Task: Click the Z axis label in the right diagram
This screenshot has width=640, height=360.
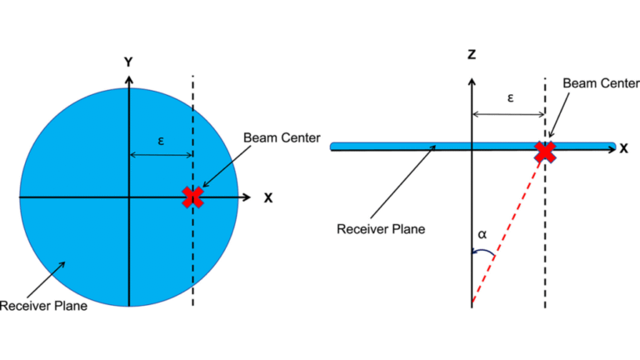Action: point(472,55)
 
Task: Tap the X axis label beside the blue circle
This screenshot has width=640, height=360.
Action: point(268,197)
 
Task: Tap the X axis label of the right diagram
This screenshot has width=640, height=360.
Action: point(623,148)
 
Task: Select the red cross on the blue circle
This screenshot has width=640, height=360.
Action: point(193,197)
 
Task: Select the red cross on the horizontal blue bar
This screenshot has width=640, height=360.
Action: point(545,152)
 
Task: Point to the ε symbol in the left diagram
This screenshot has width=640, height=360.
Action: point(161,141)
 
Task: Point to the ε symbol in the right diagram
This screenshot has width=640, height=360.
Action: point(510,97)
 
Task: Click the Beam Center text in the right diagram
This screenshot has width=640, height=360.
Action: point(601,83)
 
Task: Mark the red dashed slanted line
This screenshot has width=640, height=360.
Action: point(508,229)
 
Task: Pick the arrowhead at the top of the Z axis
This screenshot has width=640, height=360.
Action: point(472,82)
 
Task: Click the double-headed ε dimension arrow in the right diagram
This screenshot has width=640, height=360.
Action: point(508,115)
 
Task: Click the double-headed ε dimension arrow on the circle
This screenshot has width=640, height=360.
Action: point(161,155)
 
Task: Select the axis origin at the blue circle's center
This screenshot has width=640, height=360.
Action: point(128,197)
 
